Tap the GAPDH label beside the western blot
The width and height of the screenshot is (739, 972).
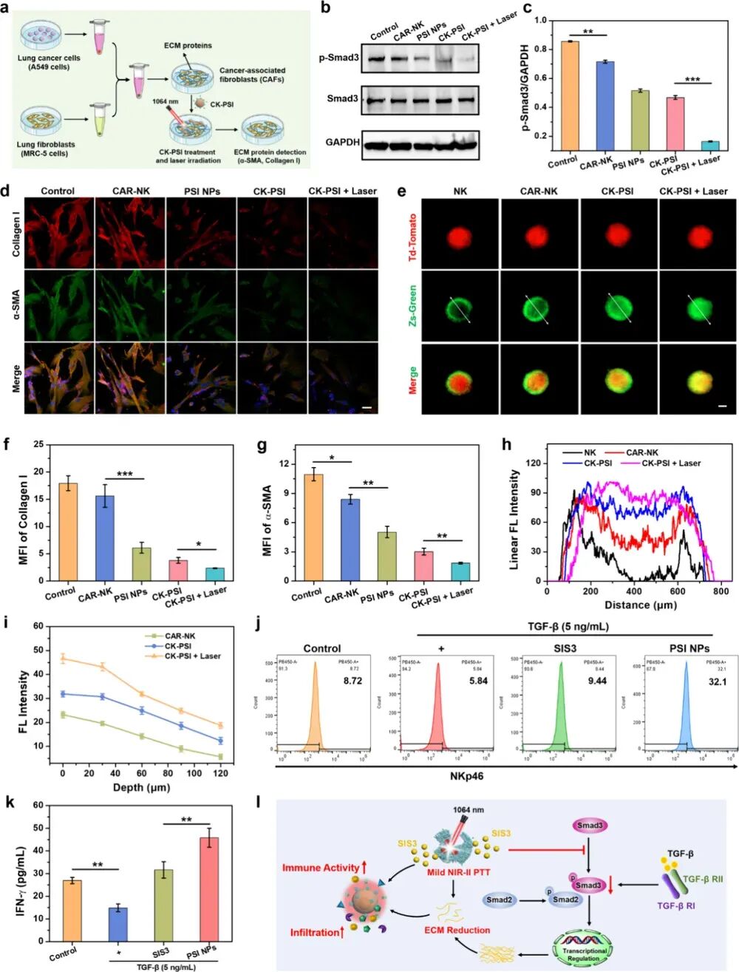click(x=343, y=141)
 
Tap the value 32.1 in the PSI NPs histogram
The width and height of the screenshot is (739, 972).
click(x=697, y=682)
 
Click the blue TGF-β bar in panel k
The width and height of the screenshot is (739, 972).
click(x=118, y=925)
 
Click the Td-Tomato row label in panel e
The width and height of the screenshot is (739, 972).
click(x=413, y=237)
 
